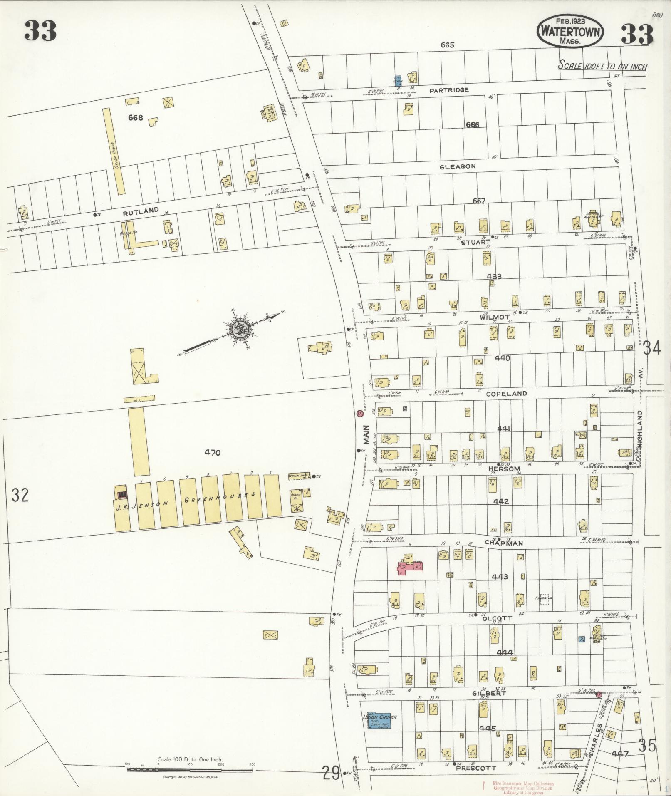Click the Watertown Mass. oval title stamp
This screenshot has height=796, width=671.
click(570, 31)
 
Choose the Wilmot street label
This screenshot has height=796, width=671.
click(494, 317)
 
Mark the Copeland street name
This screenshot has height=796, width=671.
click(506, 393)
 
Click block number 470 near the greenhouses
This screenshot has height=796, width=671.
click(212, 453)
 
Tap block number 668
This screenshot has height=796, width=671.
click(136, 118)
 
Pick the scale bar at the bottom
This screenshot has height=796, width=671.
click(190, 771)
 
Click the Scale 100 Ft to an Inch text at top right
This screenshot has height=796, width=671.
click(602, 66)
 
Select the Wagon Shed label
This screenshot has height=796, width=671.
click(298, 476)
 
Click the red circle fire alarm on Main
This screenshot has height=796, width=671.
click(360, 414)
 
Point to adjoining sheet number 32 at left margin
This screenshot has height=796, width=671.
click(20, 495)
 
